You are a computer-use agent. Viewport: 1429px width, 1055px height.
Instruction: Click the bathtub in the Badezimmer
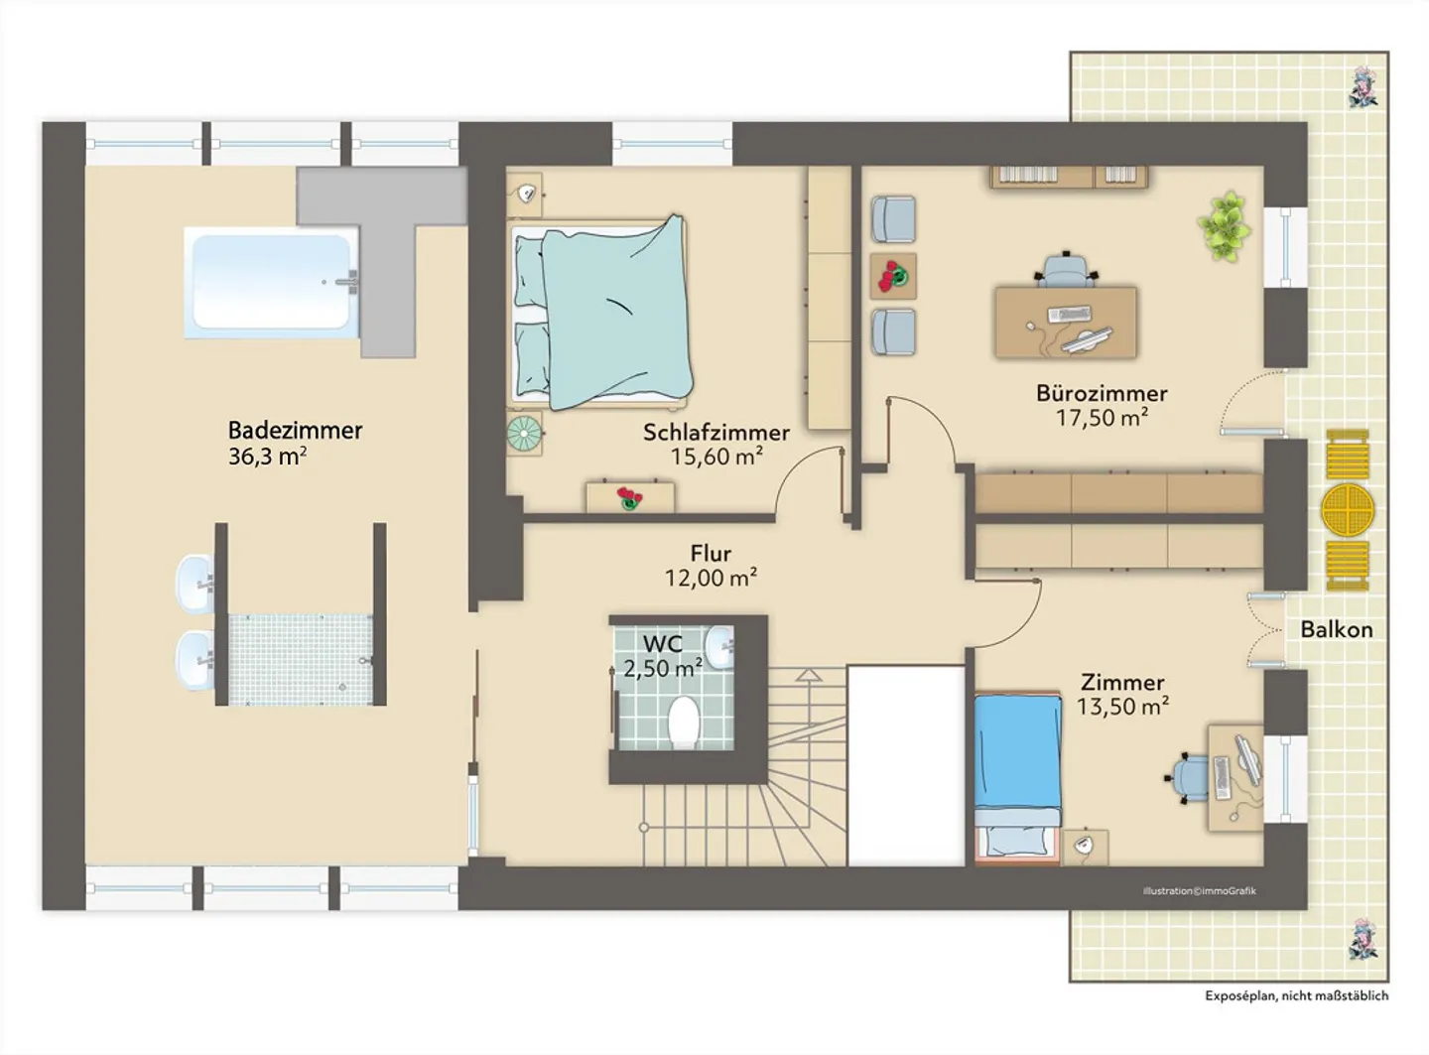coord(271,282)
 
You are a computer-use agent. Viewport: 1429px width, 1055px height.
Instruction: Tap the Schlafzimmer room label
coord(716,433)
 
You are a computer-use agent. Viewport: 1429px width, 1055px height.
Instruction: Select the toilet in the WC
coord(684,722)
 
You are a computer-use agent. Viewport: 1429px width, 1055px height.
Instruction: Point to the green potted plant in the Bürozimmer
coord(1225,226)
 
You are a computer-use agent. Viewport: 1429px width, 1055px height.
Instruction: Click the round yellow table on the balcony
coord(1348,510)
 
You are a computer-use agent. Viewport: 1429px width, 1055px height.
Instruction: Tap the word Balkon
coord(1337,629)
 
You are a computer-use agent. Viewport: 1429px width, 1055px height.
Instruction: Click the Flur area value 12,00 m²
coord(711,578)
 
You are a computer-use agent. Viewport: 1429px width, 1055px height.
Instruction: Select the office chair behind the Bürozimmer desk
coord(1066,269)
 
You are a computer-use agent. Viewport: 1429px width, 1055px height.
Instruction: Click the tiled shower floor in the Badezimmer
coord(301,659)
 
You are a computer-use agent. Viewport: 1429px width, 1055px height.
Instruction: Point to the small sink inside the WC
coord(719,648)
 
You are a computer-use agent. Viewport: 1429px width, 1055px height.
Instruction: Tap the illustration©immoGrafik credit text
coord(1199,890)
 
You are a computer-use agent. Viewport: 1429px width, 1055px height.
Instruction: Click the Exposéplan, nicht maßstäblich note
coord(1296,995)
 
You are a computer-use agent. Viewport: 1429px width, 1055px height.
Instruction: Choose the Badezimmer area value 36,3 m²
coord(267,457)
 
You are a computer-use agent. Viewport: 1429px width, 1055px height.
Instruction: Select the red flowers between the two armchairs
coord(893,276)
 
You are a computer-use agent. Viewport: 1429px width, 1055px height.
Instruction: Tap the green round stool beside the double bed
coord(524,433)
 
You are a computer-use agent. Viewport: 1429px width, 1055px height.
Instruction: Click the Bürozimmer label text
coord(1102,394)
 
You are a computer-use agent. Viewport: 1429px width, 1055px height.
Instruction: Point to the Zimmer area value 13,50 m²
coord(1123,707)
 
